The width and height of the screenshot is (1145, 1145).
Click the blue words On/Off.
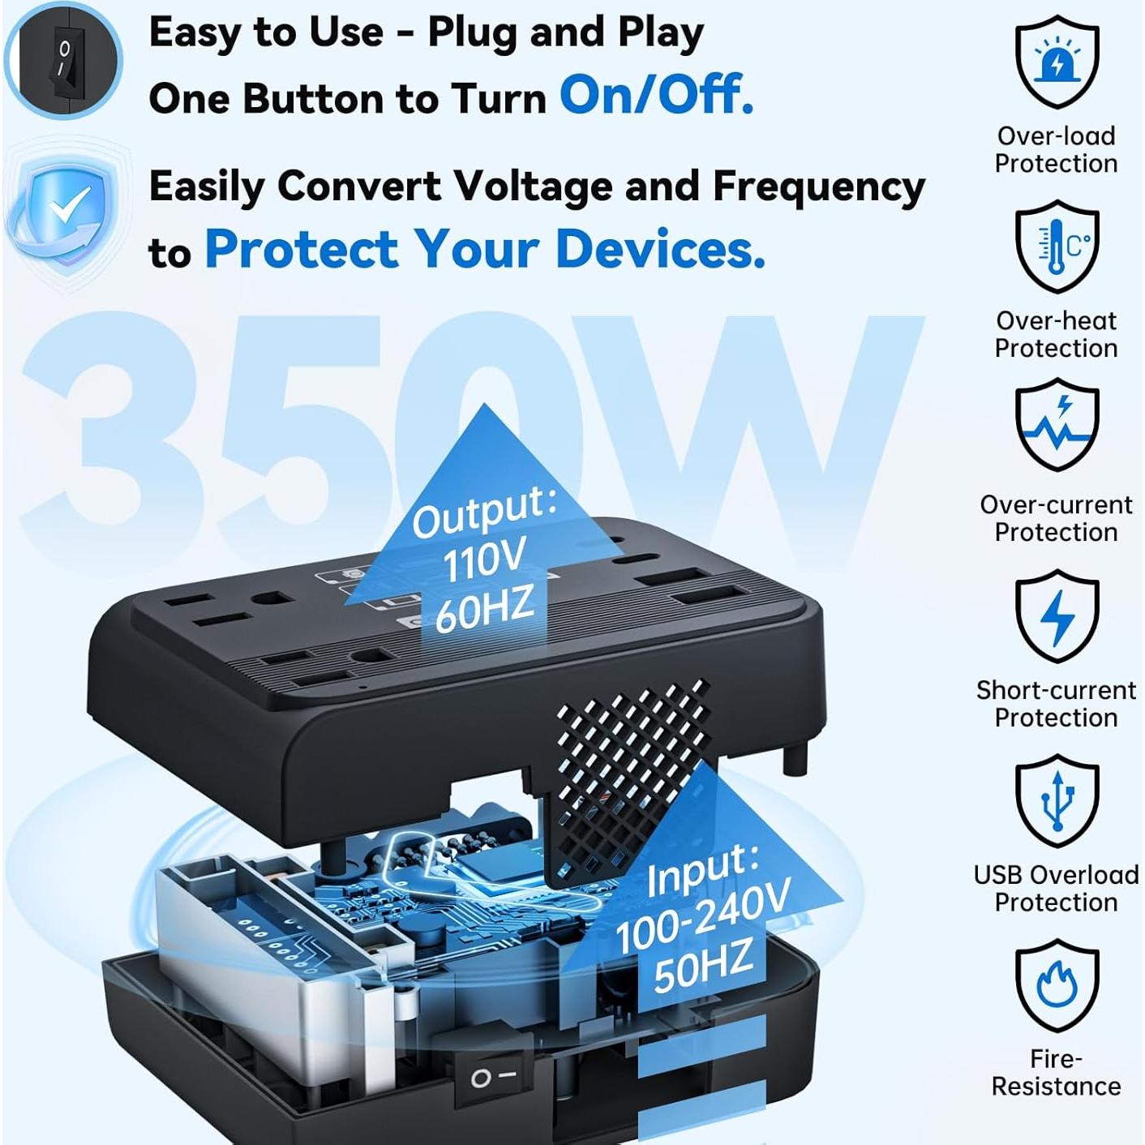(656, 95)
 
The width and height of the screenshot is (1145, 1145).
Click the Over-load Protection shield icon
(1057, 63)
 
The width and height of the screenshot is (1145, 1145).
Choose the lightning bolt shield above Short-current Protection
(1057, 616)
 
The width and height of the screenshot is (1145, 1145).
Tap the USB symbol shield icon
(1057, 801)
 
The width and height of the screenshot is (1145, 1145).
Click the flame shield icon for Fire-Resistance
(1057, 985)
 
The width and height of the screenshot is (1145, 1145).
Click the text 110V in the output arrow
(484, 560)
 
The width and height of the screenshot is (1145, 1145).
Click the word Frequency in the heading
(818, 187)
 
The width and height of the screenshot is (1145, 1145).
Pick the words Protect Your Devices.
(484, 248)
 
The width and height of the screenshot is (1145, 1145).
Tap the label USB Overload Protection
(1056, 888)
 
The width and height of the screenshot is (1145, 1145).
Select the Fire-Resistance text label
(1056, 1072)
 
